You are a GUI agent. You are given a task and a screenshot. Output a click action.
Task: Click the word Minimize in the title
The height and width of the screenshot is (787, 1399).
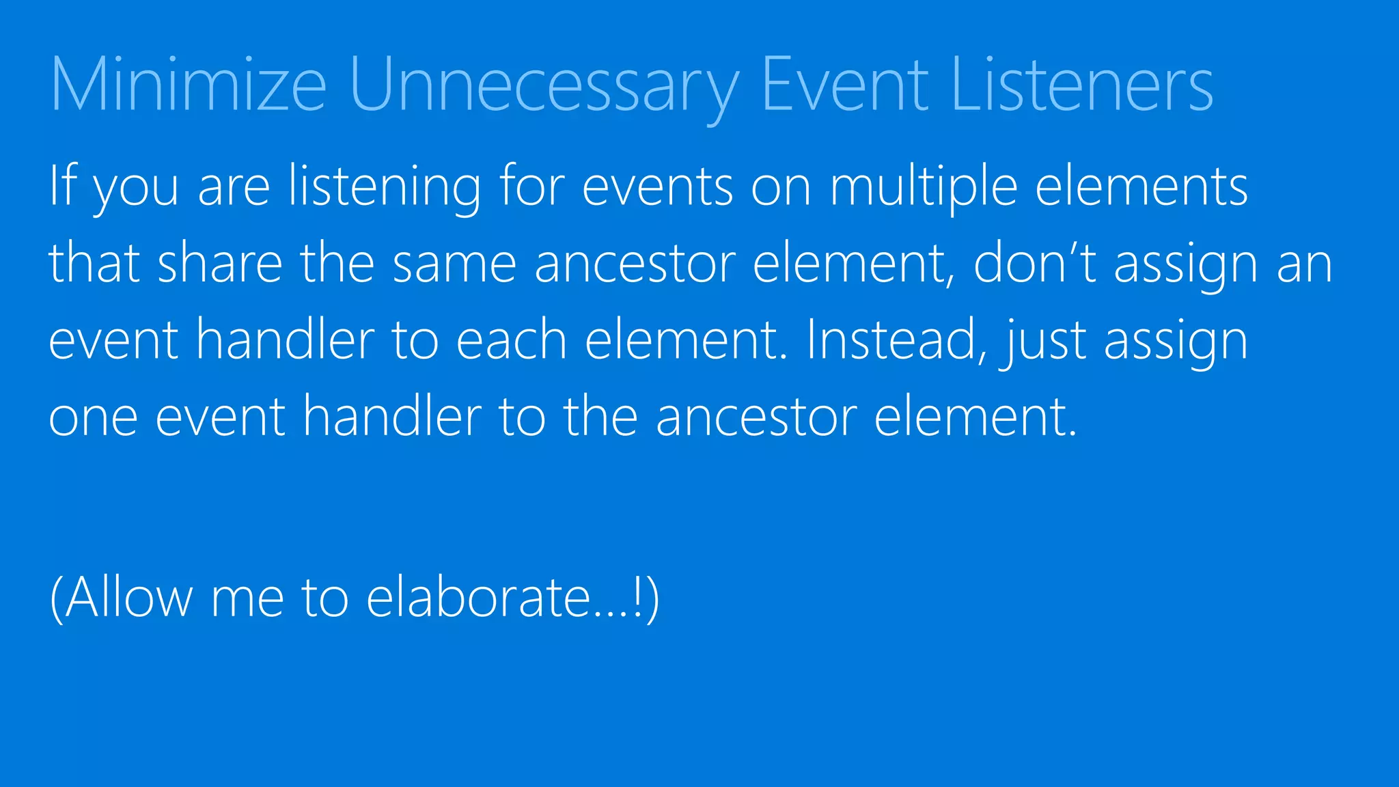click(x=189, y=85)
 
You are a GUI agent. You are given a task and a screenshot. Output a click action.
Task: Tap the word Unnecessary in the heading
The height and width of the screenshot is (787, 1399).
click(x=544, y=85)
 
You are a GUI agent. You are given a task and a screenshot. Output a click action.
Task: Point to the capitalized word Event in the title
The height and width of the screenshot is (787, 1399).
click(x=845, y=85)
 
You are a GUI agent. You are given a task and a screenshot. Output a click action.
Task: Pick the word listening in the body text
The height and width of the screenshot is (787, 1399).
click(x=385, y=186)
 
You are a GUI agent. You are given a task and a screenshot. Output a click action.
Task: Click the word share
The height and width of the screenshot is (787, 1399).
click(x=220, y=263)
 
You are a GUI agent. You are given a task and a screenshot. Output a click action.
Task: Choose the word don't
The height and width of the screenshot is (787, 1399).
click(x=1035, y=263)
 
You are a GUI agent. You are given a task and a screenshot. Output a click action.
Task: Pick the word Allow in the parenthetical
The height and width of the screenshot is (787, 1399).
click(x=129, y=597)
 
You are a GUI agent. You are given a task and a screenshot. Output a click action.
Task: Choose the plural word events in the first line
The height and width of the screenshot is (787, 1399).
click(x=658, y=186)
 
